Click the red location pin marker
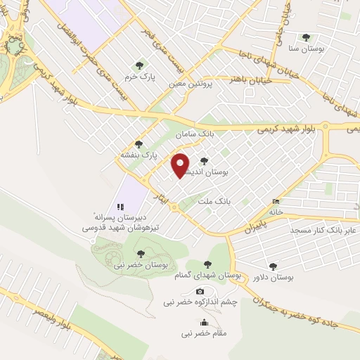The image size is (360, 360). coord(181,165)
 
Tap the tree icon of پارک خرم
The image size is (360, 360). coord(139,65)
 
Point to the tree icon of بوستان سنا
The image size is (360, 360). coord(304,38)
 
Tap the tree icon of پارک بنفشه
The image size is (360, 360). coord(138,144)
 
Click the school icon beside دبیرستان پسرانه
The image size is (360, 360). coord(120,207)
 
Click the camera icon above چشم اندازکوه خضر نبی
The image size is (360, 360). coord(200,291)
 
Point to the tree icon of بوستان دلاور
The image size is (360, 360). coord(273,266)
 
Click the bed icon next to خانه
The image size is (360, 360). coord(275,202)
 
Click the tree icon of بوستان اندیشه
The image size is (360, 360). coord(204,160)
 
